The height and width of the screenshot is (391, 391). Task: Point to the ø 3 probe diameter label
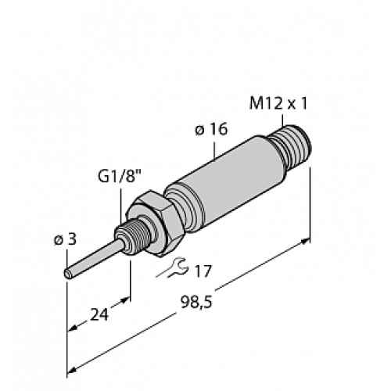62,239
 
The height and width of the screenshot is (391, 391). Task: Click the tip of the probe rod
67,276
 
